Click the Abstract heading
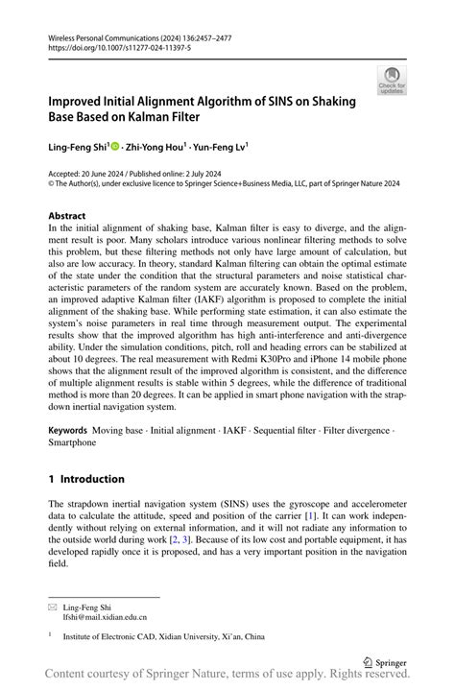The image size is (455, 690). pyautogui.click(x=66, y=217)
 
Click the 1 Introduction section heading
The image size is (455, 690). pyautogui.click(x=86, y=479)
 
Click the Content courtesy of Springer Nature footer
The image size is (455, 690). pyautogui.click(x=227, y=677)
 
